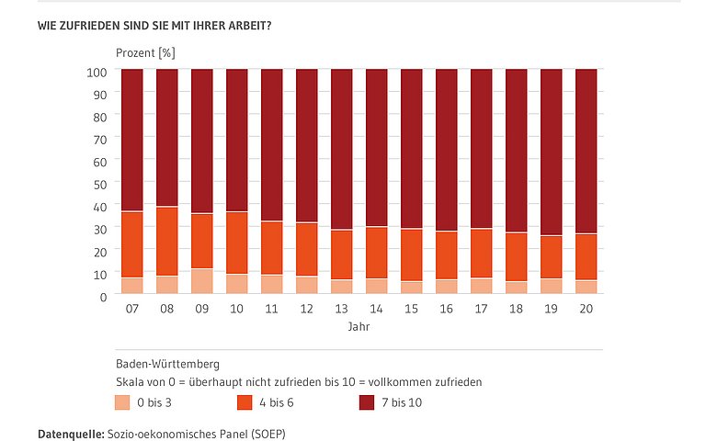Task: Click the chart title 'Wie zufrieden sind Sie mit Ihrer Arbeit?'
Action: point(154,25)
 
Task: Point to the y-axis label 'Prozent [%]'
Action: point(145,53)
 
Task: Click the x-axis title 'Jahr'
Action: point(359,326)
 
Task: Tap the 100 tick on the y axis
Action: point(97,72)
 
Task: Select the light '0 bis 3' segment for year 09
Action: point(202,281)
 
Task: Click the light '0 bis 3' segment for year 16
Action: point(447,286)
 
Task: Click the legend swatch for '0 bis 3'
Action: point(122,401)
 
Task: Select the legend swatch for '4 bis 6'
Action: point(245,401)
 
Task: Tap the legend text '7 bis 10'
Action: point(401,401)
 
